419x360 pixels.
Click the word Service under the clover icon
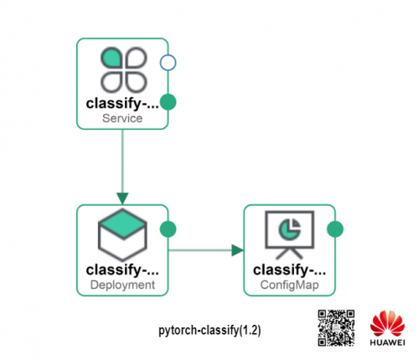click(x=122, y=118)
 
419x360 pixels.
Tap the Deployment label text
click(x=122, y=285)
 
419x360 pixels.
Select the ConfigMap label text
click(x=289, y=285)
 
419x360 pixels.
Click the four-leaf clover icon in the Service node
click(x=123, y=69)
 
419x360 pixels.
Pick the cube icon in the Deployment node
click(x=122, y=234)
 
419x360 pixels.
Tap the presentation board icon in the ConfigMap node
click(x=289, y=234)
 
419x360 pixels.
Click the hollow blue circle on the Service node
click(x=168, y=63)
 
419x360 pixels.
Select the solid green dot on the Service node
click(x=168, y=102)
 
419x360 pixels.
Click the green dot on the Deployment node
click(x=168, y=229)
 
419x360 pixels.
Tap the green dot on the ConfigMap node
click(x=335, y=229)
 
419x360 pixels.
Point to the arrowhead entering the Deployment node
click(x=122, y=198)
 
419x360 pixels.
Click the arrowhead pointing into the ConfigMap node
click(x=237, y=250)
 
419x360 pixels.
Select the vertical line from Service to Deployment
click(x=122, y=162)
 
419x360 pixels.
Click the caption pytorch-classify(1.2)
click(x=209, y=331)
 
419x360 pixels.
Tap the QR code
click(x=336, y=328)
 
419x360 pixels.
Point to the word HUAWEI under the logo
click(x=387, y=342)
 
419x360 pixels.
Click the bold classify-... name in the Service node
click(x=122, y=104)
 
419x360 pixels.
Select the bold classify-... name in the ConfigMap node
click(x=289, y=270)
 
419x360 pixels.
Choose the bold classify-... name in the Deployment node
click(x=122, y=270)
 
